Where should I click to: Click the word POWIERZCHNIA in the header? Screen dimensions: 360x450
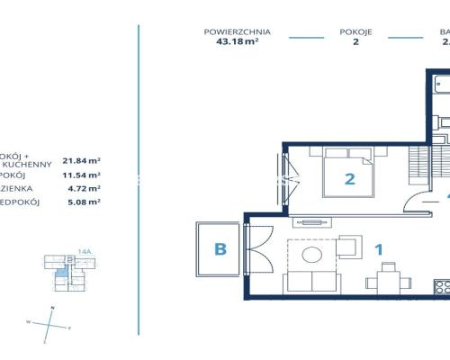(x=238, y=31)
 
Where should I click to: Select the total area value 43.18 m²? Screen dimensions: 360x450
(x=238, y=42)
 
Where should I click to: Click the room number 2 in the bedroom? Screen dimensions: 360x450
(x=349, y=178)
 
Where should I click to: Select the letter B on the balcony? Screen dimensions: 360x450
(x=219, y=248)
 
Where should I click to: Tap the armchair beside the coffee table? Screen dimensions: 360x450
(x=349, y=248)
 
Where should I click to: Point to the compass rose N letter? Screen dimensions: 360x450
(x=52, y=308)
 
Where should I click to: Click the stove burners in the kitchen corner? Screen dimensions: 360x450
(x=442, y=288)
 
